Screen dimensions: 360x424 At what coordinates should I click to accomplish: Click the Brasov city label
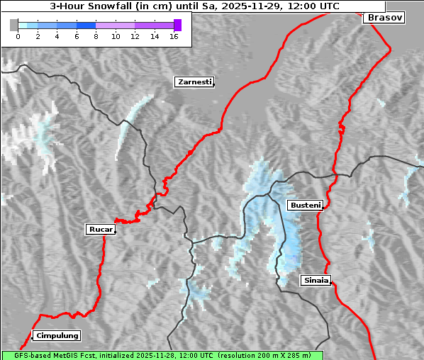click(384, 18)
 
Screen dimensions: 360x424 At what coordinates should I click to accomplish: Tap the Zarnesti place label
click(194, 82)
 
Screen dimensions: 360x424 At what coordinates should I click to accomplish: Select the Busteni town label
click(305, 206)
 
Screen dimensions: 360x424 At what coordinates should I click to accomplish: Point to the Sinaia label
click(316, 280)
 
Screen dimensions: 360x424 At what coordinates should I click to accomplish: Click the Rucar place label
click(100, 229)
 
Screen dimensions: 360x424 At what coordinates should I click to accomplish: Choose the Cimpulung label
click(56, 335)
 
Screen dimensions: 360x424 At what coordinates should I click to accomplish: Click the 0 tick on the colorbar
click(18, 35)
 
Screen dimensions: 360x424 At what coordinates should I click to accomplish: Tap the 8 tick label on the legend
click(96, 35)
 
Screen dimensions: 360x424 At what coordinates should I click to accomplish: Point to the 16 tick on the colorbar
click(174, 35)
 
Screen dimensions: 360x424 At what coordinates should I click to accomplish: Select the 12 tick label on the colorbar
click(135, 35)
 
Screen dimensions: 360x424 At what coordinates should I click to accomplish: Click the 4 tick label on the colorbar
click(57, 35)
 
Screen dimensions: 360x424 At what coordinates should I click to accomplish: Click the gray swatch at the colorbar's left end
click(13, 25)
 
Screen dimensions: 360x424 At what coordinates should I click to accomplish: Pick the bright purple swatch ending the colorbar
click(177, 25)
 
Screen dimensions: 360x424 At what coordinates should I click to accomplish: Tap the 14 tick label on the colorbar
click(155, 35)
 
